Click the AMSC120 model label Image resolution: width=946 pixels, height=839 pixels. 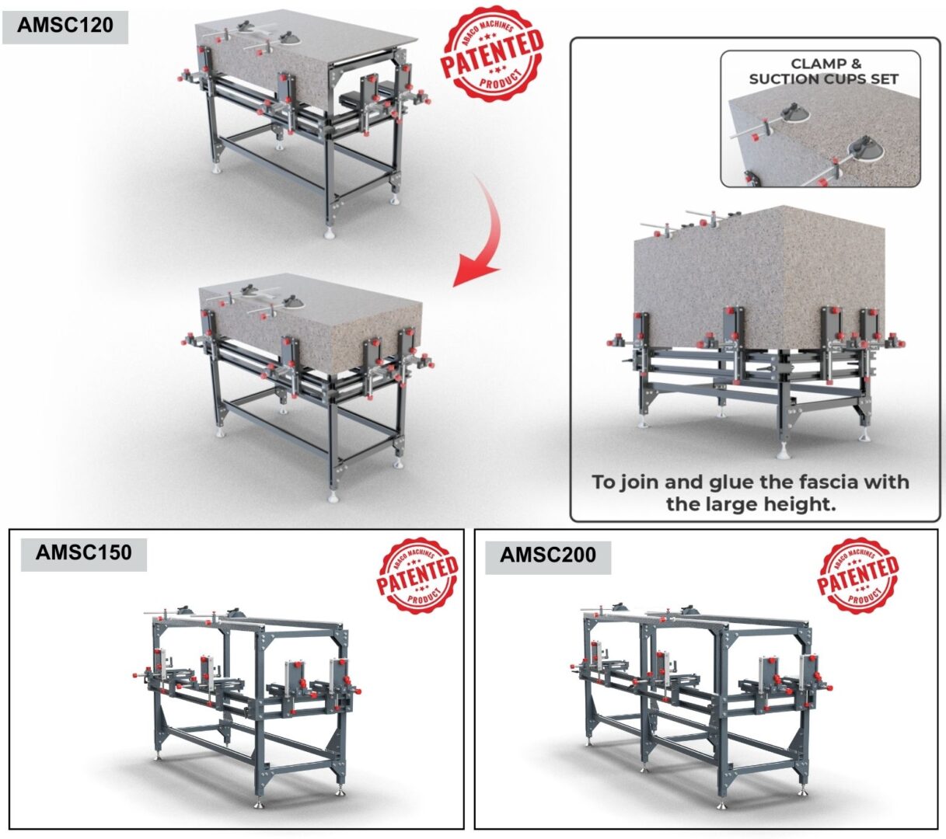[65, 26]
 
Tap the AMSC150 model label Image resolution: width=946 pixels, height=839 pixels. [84, 553]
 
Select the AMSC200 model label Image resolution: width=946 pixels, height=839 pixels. [547, 555]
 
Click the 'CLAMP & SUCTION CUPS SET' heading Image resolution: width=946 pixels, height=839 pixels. [823, 71]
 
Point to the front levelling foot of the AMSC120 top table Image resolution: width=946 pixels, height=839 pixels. [331, 232]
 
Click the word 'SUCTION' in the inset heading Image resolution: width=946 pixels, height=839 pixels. [788, 79]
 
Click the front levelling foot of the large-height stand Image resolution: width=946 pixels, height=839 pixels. [783, 451]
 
